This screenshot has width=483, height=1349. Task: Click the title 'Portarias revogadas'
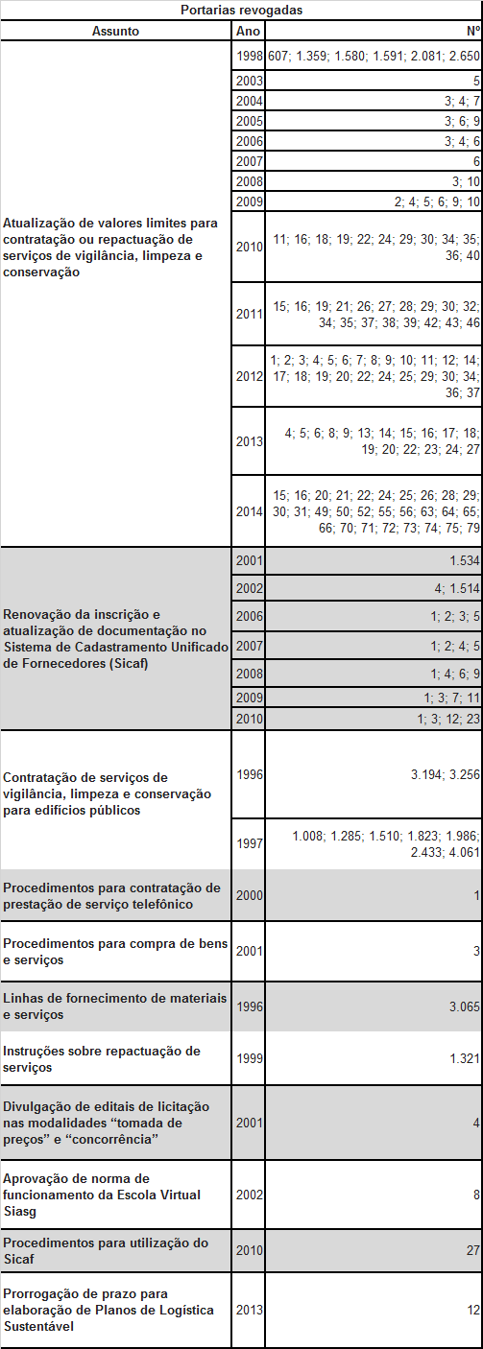pyautogui.click(x=241, y=10)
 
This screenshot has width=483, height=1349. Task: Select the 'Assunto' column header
pyautogui.click(x=115, y=31)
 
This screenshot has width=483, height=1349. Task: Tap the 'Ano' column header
pyautogui.click(x=248, y=31)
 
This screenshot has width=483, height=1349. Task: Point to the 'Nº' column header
pyautogui.click(x=472, y=31)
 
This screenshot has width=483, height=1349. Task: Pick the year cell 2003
pyautogui.click(x=249, y=81)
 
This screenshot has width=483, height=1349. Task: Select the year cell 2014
pyautogui.click(x=249, y=511)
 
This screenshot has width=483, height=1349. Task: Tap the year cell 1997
pyautogui.click(x=249, y=843)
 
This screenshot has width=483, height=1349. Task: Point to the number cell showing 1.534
pyautogui.click(x=463, y=560)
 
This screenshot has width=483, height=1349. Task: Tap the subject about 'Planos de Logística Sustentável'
pyautogui.click(x=107, y=1310)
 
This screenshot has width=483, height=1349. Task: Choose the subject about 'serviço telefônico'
pyautogui.click(x=111, y=895)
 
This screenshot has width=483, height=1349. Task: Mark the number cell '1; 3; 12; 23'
pyautogui.click(x=447, y=719)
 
